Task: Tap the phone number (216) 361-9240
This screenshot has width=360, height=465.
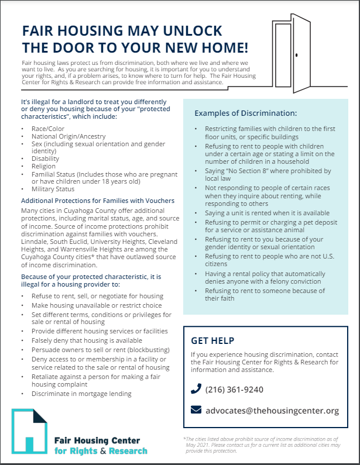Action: [234, 390]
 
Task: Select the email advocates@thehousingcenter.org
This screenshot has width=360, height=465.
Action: [272, 411]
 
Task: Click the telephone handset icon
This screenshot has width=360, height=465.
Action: [196, 390]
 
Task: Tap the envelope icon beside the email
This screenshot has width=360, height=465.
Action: [196, 411]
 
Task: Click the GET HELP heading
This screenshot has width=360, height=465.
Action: [212, 340]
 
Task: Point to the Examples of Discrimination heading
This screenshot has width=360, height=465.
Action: [246, 112]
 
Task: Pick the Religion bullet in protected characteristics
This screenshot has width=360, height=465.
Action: [44, 166]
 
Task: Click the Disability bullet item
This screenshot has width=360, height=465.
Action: [46, 158]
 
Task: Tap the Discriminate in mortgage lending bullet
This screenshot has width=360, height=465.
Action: [82, 394]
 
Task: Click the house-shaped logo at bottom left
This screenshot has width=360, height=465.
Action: [32, 433]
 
